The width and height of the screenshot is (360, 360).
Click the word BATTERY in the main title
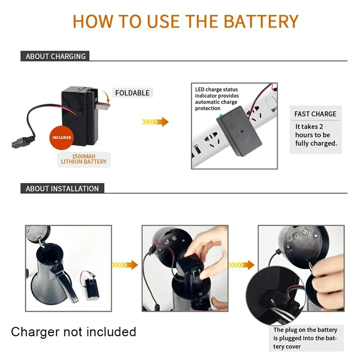[261, 21]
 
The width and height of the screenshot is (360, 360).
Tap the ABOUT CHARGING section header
[55, 56]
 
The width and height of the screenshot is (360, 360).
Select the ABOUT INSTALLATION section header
[62, 189]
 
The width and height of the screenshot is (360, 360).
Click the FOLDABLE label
[132, 93]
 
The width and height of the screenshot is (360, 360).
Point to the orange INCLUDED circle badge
[62, 138]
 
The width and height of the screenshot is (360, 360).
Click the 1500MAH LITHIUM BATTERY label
[84, 159]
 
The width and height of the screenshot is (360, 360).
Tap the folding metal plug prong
[103, 106]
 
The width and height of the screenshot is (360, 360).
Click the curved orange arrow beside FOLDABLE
[106, 96]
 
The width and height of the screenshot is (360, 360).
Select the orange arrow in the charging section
[155, 121]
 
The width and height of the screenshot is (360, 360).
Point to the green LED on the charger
[221, 116]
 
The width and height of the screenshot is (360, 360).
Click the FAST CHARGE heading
[315, 114]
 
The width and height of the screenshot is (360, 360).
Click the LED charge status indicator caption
[217, 99]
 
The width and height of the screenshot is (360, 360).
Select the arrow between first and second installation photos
[125, 265]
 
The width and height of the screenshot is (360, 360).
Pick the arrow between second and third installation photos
[242, 265]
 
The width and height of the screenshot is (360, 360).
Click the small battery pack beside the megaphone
[92, 288]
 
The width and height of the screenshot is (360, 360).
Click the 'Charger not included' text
[73, 332]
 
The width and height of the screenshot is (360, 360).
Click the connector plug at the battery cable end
[23, 142]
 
